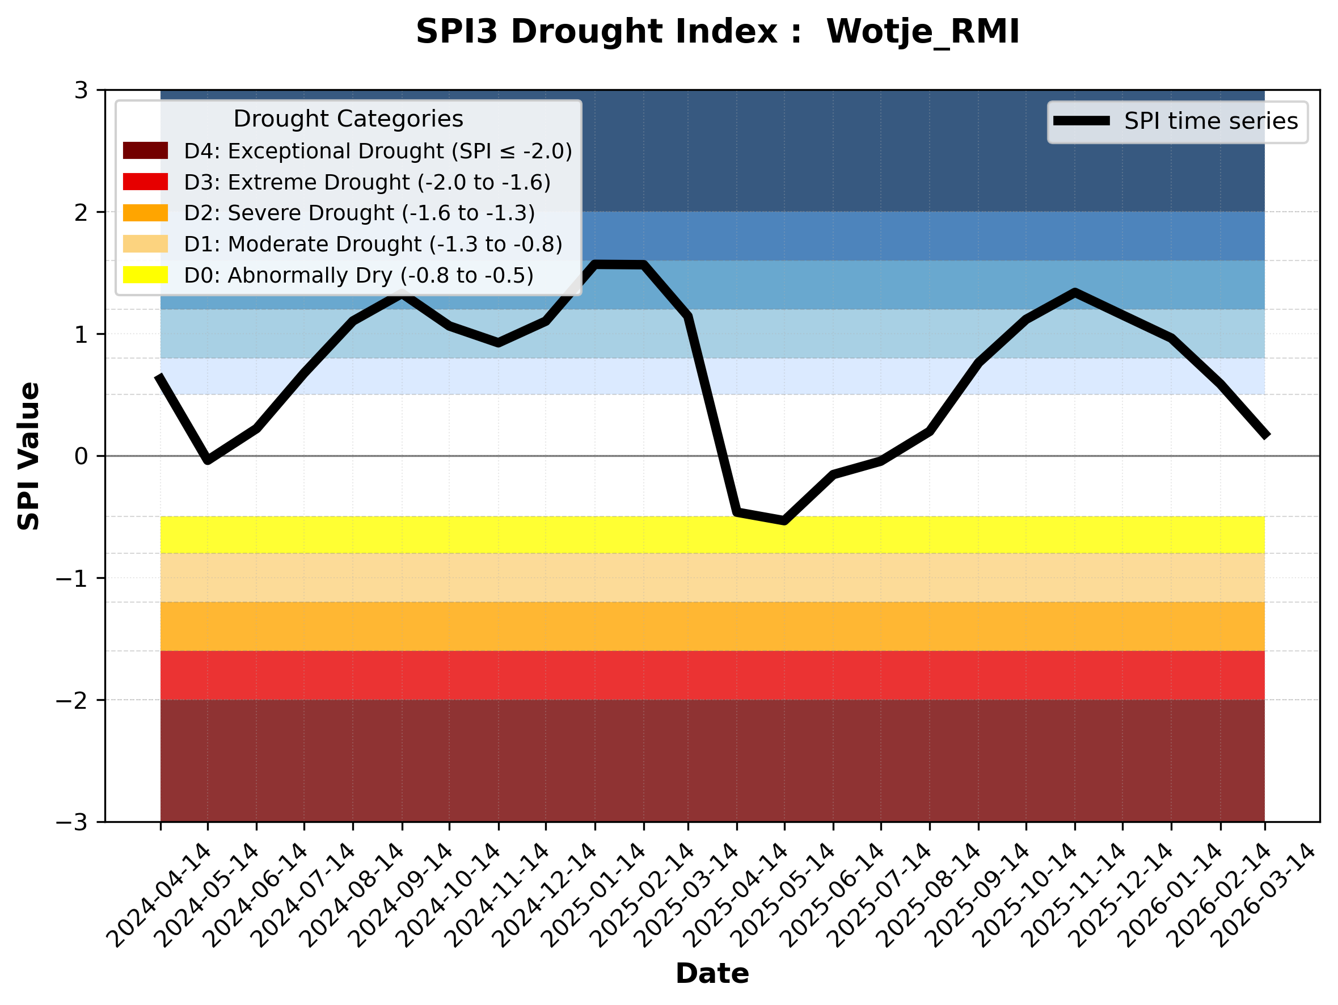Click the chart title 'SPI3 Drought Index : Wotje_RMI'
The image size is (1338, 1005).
[x=717, y=31]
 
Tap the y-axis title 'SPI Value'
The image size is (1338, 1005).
[x=28, y=456]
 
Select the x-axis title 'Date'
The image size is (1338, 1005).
[x=712, y=974]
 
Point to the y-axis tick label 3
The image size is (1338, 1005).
[x=81, y=90]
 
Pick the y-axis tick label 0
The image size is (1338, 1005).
[x=81, y=456]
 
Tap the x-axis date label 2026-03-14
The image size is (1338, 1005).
[x=1266, y=895]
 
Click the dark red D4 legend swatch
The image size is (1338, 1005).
[x=145, y=150]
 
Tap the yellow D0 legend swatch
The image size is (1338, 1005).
[x=145, y=275]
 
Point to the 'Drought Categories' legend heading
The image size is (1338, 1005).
[x=348, y=119]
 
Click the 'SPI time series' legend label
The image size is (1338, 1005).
[x=1211, y=121]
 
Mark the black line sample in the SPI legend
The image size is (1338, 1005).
[x=1082, y=121]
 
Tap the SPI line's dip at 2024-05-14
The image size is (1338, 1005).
[x=208, y=460]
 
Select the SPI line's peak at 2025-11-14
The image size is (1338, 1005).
[x=1075, y=292]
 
